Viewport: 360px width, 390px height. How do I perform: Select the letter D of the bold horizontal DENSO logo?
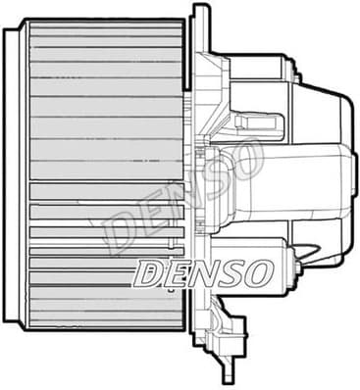tap(150, 274)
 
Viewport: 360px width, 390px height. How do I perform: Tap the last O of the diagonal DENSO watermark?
tap(244, 158)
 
